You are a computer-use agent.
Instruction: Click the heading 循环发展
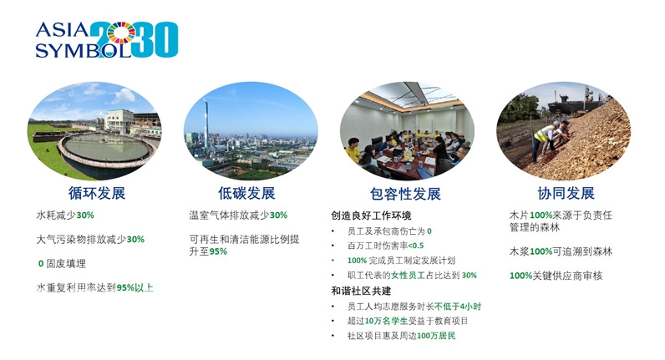97,193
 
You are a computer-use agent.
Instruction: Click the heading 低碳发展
246,193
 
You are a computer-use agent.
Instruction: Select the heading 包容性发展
405,194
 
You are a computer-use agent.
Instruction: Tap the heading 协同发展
566,193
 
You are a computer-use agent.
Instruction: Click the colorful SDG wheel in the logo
121,33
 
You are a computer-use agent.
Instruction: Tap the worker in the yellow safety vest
544,140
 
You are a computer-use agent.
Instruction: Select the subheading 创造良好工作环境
371,215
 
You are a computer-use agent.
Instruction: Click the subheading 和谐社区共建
361,291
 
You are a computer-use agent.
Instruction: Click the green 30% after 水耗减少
85,215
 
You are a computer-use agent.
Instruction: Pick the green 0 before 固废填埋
41,264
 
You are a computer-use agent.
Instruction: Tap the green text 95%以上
135,288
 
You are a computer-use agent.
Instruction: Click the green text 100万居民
436,336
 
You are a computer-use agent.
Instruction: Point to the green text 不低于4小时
458,307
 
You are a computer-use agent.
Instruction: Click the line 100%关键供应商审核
556,276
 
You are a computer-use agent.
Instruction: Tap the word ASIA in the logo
63,30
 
